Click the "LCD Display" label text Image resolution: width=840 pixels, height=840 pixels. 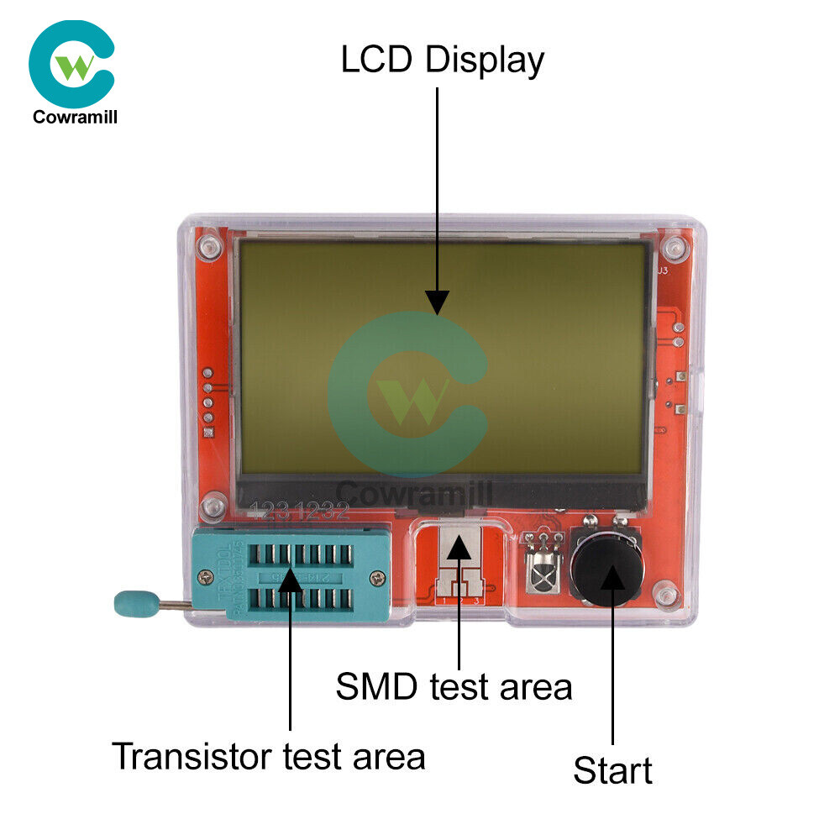coord(442,60)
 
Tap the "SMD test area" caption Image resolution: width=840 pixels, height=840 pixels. coord(454,686)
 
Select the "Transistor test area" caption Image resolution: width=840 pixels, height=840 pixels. coord(269,756)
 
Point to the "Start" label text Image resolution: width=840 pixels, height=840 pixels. coord(612,770)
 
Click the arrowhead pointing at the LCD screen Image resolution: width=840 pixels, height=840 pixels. coord(437,301)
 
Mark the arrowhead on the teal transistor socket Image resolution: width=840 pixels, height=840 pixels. coord(290,579)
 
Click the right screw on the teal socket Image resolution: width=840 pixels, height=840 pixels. coord(381,576)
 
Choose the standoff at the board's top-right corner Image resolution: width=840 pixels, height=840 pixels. coord(671,249)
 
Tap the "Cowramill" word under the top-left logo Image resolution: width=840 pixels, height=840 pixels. coord(75,117)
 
